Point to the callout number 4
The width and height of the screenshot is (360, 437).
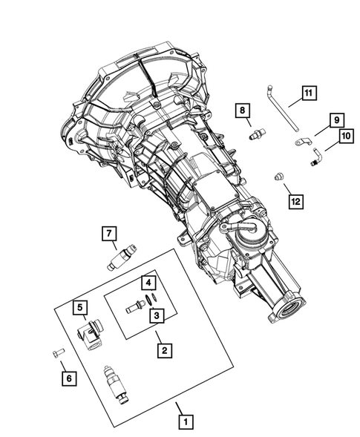click(148, 283)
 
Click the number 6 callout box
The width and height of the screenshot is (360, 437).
click(68, 378)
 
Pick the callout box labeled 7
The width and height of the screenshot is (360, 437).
click(109, 235)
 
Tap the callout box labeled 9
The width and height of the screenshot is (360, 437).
click(336, 120)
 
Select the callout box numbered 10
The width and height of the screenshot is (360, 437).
click(345, 137)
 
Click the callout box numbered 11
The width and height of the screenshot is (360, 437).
click(308, 93)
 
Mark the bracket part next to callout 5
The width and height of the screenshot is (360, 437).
click(92, 334)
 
